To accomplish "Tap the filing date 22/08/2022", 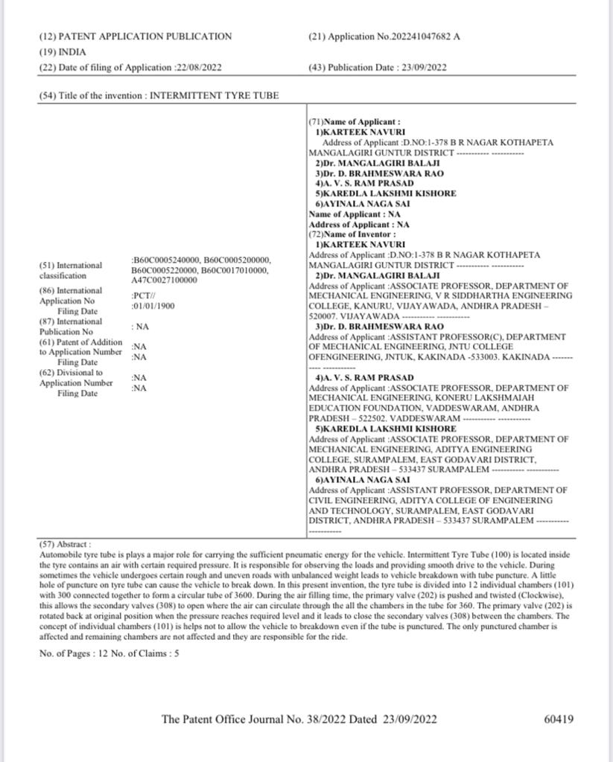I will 198,68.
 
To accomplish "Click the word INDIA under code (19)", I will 73,52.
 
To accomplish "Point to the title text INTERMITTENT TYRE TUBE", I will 215,96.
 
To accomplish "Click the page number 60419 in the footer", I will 559,720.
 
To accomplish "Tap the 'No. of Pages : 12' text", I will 74,653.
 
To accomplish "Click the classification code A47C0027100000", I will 165,281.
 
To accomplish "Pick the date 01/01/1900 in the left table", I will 156,306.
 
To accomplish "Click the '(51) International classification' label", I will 70,270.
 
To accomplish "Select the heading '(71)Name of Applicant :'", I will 355,121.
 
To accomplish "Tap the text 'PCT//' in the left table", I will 142,295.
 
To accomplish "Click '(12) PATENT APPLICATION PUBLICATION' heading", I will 135,36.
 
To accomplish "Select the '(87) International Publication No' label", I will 71,327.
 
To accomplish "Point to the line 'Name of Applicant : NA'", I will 354,214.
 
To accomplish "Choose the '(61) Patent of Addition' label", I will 80,342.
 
